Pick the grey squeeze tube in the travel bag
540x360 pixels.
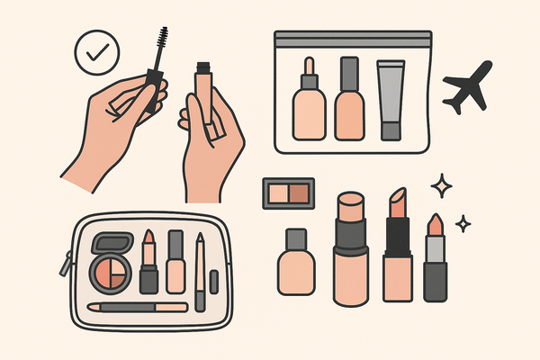click(x=390, y=99)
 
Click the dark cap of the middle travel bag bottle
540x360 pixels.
click(x=348, y=72)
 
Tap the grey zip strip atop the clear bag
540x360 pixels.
click(x=352, y=39)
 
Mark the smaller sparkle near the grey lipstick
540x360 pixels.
click(x=463, y=222)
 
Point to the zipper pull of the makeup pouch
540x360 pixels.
click(x=64, y=265)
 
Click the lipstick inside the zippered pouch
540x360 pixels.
click(x=148, y=261)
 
